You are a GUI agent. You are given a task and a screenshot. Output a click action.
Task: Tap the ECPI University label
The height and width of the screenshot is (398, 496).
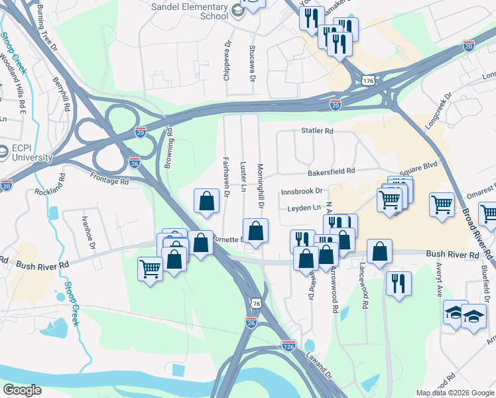pos(30,153)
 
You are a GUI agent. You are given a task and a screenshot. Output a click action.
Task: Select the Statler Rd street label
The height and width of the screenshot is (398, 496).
pos(317,131)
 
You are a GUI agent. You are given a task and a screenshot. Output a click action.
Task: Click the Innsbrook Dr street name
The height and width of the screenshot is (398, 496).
pos(301,191)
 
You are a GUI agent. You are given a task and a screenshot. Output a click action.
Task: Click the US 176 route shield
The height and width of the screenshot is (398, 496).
pos(369,80)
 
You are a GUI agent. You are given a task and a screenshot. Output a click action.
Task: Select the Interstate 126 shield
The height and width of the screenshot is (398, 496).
pos(288,346)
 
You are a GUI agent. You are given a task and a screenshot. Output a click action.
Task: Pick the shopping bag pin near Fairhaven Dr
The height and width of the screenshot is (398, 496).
pos(206,200)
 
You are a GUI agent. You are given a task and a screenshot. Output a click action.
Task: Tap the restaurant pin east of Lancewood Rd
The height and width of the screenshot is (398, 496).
pos(398,282)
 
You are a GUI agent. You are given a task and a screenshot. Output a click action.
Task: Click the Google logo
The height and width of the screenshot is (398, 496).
pos(23,390)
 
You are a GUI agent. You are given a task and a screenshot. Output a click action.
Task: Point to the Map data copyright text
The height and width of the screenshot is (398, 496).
pos(454,393)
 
